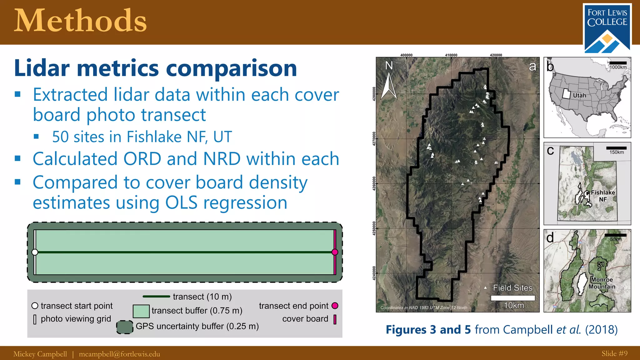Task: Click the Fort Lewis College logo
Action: point(607,28)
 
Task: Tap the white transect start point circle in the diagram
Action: point(35,252)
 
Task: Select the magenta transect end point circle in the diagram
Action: point(335,252)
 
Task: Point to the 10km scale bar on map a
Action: point(513,298)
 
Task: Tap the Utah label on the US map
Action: point(579,95)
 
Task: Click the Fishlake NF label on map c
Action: point(603,196)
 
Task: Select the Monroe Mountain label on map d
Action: point(602,283)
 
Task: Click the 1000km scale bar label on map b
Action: point(618,67)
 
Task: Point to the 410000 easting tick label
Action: point(451,55)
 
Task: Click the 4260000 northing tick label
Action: point(374,184)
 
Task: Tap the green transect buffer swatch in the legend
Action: point(141,311)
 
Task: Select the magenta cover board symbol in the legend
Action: point(335,319)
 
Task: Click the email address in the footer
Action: point(119,354)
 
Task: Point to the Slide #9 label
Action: point(614,353)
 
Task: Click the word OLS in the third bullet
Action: point(181,202)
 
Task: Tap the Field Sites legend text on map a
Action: point(512,288)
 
